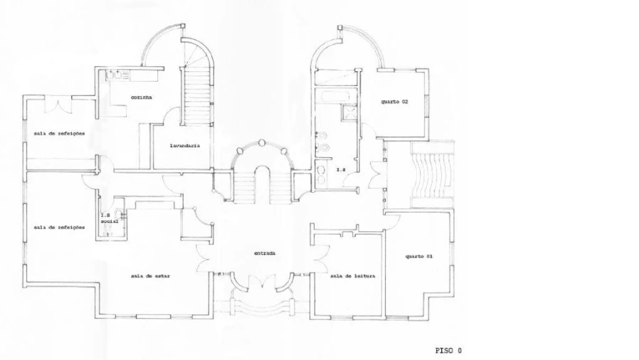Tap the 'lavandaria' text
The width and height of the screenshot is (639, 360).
[184, 145]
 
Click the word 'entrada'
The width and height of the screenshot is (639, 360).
[265, 253]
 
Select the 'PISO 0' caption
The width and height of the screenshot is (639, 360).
[448, 350]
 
